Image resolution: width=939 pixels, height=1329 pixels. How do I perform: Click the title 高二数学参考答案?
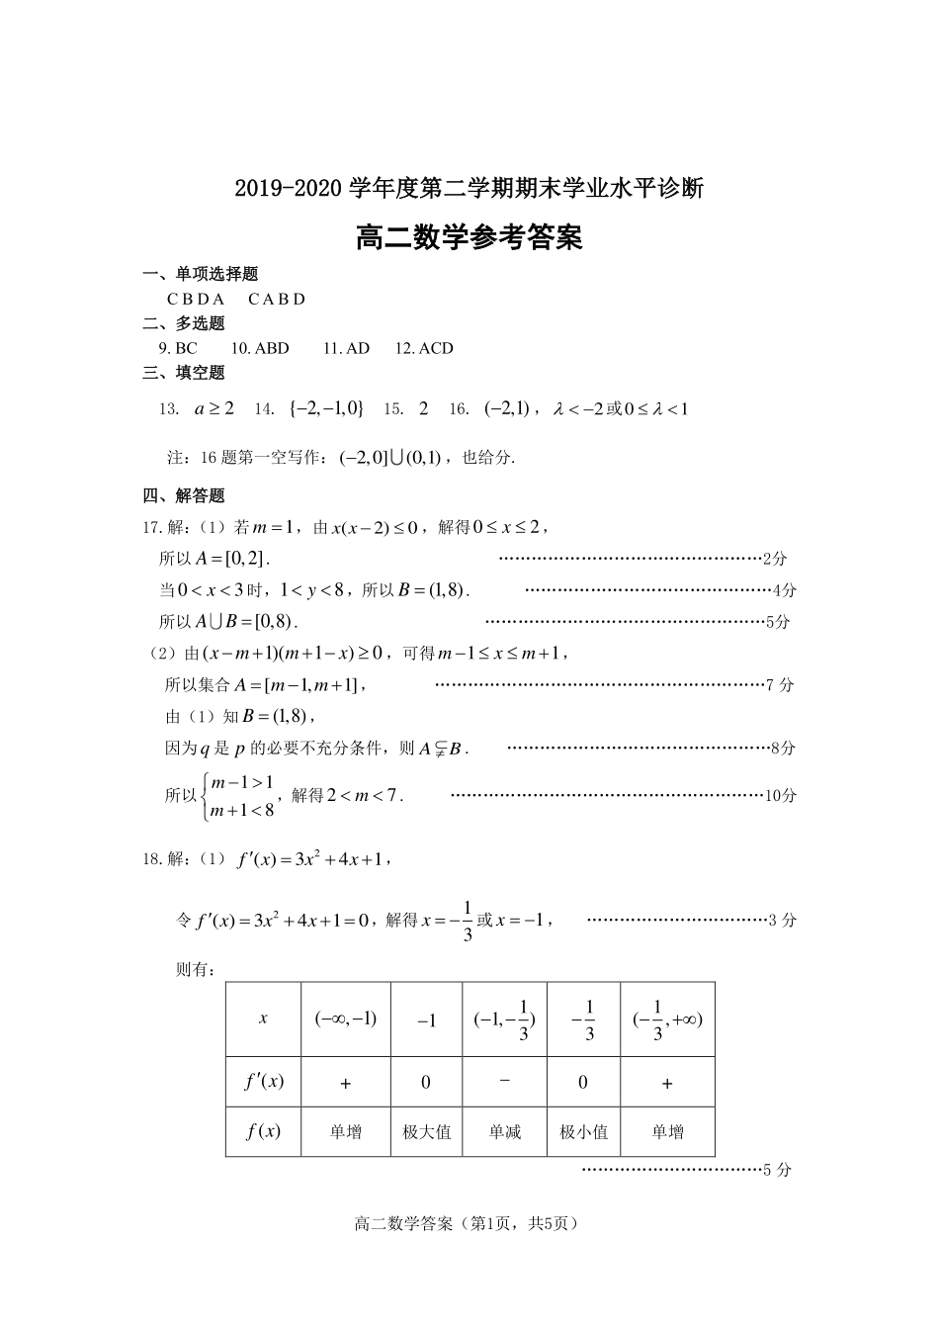click(x=469, y=237)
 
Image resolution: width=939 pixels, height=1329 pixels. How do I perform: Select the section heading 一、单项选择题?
click(x=201, y=274)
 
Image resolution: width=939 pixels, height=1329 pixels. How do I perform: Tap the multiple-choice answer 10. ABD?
click(x=260, y=348)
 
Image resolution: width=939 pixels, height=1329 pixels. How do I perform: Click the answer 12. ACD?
click(x=424, y=348)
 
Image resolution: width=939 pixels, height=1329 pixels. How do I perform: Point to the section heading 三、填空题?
click(x=184, y=373)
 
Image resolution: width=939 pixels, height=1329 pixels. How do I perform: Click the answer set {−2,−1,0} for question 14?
click(x=326, y=408)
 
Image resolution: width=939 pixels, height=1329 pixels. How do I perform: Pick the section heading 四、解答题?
click(x=184, y=495)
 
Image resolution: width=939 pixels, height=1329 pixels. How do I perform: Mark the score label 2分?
click(x=775, y=559)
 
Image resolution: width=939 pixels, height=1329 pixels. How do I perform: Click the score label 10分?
click(x=781, y=795)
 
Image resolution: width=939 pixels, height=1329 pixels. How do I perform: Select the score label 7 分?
click(x=780, y=684)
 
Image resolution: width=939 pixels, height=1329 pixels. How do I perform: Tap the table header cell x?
click(x=263, y=1019)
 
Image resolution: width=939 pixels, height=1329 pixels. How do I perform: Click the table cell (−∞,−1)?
click(x=346, y=1019)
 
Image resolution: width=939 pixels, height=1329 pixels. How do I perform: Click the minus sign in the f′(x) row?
click(x=504, y=1081)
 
